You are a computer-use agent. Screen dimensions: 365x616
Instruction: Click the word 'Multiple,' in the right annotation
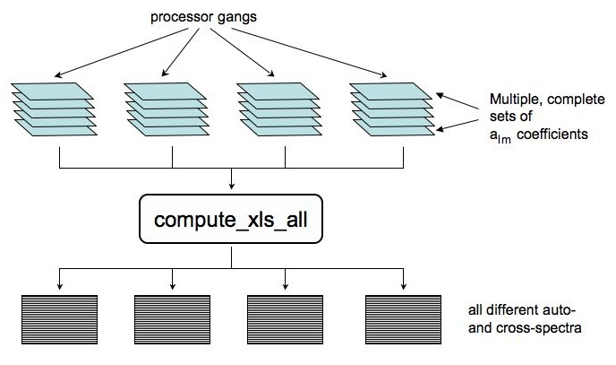[x=510, y=99]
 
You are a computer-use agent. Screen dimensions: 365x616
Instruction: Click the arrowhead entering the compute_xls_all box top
[x=232, y=187]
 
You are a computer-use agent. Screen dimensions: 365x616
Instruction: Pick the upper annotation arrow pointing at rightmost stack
[x=461, y=100]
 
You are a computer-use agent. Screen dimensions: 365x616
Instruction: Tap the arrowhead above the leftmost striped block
[x=58, y=286]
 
